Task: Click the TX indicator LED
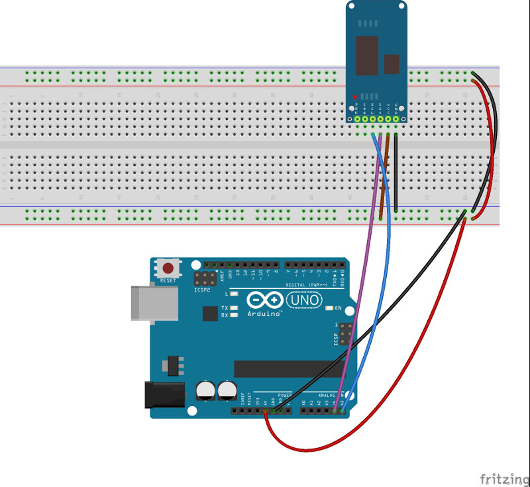[235, 308]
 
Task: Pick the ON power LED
[329, 308]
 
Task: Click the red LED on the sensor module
[355, 96]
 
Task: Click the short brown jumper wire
[384, 176]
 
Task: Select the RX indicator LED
[235, 315]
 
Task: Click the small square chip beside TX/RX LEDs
[209, 313]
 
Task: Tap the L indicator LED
[235, 294]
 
